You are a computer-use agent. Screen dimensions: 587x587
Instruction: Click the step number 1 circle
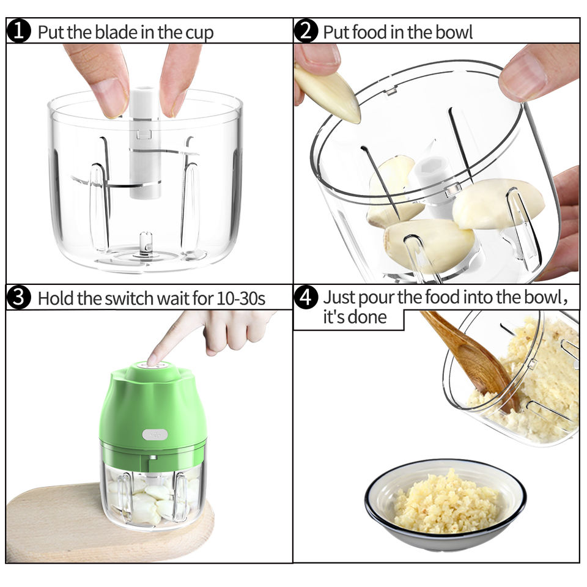pyautogui.click(x=18, y=31)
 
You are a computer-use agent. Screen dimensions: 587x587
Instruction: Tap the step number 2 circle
pyautogui.click(x=306, y=31)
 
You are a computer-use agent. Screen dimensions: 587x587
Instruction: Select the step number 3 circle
pyautogui.click(x=18, y=298)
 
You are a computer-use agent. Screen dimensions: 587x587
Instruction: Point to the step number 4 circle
pyautogui.click(x=306, y=298)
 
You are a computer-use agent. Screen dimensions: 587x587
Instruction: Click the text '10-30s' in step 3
pyautogui.click(x=241, y=299)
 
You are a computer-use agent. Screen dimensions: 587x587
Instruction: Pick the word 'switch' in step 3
pyautogui.click(x=129, y=298)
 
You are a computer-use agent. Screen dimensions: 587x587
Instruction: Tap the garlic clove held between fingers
pyautogui.click(x=330, y=94)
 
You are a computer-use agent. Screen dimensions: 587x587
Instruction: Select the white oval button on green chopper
pyautogui.click(x=155, y=435)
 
